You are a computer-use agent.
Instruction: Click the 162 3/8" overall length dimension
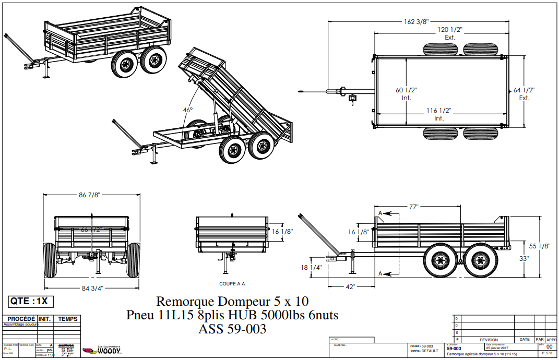point(416,22)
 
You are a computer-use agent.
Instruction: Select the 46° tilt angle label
point(187,110)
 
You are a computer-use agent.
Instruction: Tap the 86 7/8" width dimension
point(89,195)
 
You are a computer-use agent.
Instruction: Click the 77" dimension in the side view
point(414,207)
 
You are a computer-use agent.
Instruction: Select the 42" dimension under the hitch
point(350,286)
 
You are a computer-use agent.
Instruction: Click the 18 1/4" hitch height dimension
point(312,267)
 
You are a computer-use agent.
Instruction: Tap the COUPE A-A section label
point(232,284)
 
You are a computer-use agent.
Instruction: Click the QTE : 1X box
point(31,301)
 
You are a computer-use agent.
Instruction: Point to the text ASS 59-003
point(232,329)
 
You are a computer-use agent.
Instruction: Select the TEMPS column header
point(67,319)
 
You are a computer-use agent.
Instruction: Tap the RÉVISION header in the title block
point(489,339)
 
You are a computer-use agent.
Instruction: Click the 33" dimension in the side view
point(524,258)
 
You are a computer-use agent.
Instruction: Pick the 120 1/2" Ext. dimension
point(450,33)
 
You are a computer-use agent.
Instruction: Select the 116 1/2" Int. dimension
point(438,114)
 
